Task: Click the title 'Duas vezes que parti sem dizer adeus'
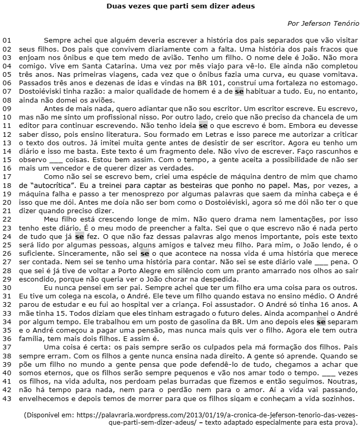pyautogui.click(x=180, y=7)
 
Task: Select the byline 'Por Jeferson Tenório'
pyautogui.click(x=323, y=24)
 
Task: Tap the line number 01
pyautogui.click(x=7, y=40)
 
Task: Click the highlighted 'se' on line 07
pyautogui.click(x=239, y=91)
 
